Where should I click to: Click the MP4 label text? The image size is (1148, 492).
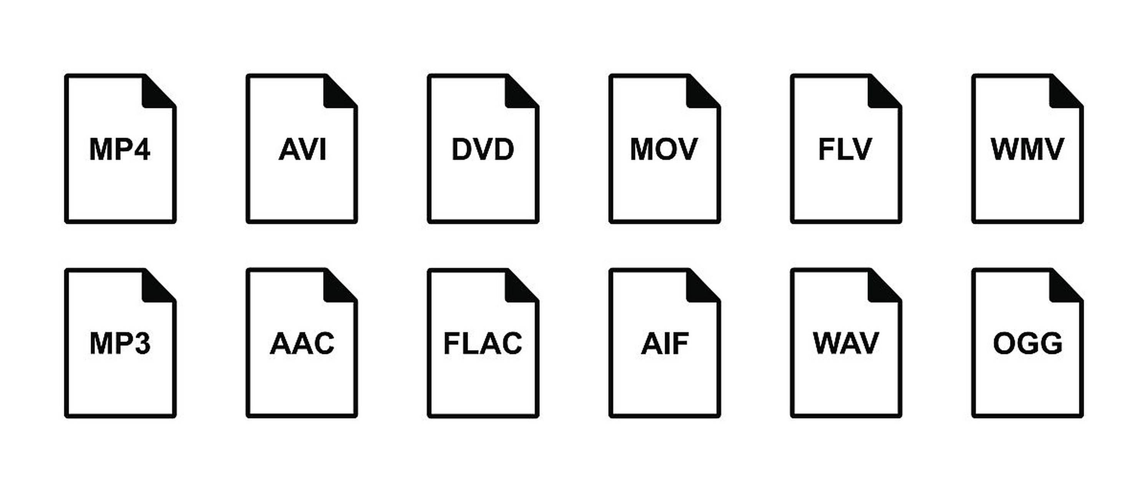pos(120,149)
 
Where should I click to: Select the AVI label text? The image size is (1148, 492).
pos(302,149)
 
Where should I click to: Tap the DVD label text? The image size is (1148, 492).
pos(483,149)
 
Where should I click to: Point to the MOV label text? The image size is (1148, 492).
pos(664,149)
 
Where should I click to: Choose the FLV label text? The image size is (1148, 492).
pos(845,149)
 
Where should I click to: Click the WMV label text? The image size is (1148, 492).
pos(1027,149)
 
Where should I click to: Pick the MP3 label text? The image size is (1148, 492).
pos(120,343)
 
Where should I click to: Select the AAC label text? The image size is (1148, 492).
pos(302,343)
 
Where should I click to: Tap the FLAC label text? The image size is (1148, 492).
pos(483,343)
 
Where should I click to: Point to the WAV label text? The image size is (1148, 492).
pos(845,343)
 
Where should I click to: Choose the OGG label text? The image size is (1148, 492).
pos(1028,343)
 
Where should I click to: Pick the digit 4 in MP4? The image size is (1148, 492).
pos(141,149)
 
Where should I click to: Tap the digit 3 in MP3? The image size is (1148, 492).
pos(141,343)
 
